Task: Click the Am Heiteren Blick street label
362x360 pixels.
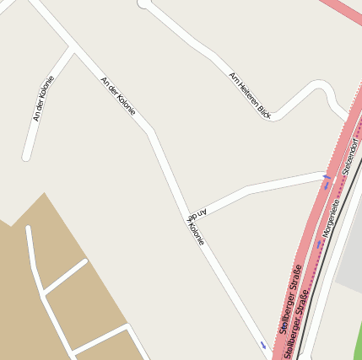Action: coord(250,94)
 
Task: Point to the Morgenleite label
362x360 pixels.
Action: coord(330,216)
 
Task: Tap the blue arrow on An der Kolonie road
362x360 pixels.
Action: coord(263,345)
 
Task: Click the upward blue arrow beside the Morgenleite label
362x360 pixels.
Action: coord(320,244)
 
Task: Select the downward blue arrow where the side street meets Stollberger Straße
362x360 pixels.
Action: coord(327,180)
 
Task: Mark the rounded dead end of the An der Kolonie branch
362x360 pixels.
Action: coord(27,156)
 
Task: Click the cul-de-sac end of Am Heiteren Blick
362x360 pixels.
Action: coord(143,3)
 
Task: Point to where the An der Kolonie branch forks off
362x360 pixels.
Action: coord(73,51)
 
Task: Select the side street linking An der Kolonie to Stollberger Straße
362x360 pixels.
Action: coord(253,187)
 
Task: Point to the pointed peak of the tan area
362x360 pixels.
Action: coord(44,194)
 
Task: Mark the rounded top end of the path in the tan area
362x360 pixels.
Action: coord(29,228)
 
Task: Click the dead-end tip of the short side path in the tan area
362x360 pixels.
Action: coord(84,262)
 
